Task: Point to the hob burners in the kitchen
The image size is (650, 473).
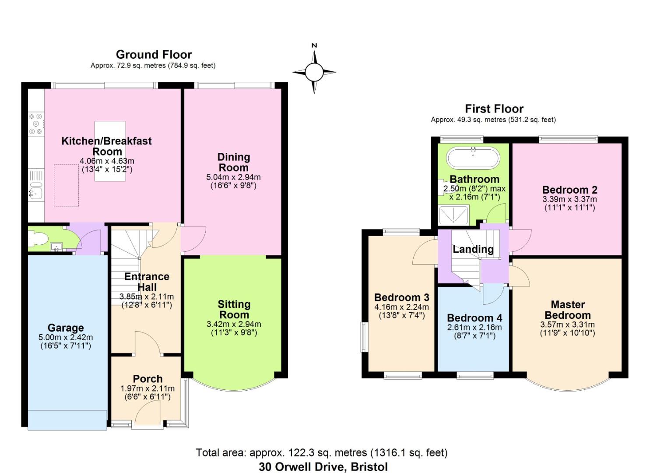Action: (36, 124)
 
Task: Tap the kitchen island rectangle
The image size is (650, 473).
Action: (110, 151)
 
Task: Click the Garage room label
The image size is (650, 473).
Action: (66, 328)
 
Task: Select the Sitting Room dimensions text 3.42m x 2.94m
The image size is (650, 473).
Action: (234, 324)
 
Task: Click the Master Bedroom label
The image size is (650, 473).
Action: (568, 310)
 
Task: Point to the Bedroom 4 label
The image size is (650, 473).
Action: (474, 318)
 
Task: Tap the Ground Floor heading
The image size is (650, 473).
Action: (154, 54)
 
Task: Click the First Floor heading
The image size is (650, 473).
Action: (494, 109)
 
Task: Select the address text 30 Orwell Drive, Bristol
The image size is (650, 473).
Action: (323, 467)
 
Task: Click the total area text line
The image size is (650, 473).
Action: (322, 452)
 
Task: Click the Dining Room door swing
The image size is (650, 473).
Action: (193, 239)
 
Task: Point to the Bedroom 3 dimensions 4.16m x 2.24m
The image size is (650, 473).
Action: (401, 307)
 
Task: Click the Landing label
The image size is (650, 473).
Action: (473, 249)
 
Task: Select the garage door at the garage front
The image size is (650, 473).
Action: (67, 420)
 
